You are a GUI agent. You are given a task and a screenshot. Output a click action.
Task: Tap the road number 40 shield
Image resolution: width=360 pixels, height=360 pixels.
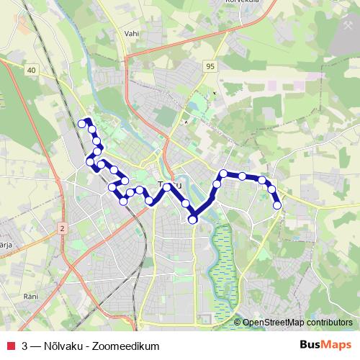pos(31,70)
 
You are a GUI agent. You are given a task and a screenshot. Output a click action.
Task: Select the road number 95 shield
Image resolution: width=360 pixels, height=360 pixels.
pos(210,66)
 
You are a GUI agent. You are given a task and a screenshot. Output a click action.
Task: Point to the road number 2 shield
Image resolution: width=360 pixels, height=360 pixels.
pos(63,228)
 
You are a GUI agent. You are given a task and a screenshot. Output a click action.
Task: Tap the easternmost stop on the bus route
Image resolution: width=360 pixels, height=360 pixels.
pos(277,206)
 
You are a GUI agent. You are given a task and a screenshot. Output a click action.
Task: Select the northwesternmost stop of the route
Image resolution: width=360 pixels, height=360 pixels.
pos(81,124)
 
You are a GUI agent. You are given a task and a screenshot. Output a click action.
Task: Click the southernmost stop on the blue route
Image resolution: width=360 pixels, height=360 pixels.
pos(193,220)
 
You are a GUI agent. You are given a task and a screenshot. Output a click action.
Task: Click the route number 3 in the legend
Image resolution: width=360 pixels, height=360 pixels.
pos(25,346)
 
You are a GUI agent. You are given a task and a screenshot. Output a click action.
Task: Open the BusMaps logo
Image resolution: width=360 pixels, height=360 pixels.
pos(325,345)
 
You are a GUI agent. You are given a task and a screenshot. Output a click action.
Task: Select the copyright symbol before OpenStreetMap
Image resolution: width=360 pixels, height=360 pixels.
pos(237,323)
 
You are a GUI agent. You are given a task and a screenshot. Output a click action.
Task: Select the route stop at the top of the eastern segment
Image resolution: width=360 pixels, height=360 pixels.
pos(225,174)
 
